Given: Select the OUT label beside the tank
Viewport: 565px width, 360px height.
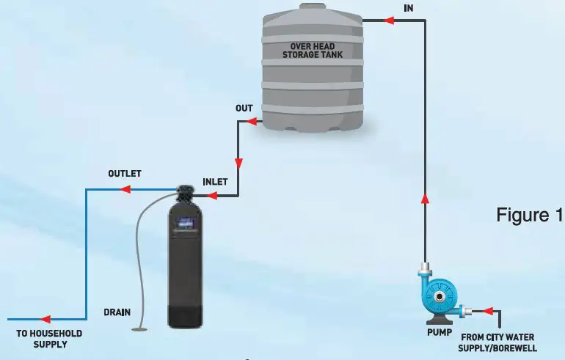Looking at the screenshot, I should [244, 109].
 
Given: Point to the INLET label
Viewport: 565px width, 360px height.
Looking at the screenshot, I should [215, 181].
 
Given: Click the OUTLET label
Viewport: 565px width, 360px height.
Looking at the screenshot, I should [124, 174].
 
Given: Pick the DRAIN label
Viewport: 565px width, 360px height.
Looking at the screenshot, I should [117, 312].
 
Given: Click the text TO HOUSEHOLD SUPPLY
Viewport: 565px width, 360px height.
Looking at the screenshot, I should [49, 339].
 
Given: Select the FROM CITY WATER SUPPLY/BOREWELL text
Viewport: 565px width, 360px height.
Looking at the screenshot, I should [499, 342].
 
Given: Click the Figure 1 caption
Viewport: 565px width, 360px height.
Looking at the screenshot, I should [529, 216].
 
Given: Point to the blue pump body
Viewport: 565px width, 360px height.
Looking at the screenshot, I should [440, 297].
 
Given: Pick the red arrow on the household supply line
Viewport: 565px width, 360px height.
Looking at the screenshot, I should [45, 320].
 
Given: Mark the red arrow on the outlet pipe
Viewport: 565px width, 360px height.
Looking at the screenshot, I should [125, 189].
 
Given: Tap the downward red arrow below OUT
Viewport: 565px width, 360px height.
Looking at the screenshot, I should [237, 163].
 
